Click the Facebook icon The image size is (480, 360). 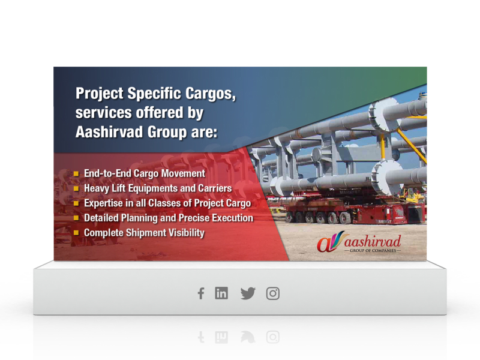click(201, 293)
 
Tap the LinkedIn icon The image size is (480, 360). click(221, 293)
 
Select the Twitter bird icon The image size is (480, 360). click(248, 293)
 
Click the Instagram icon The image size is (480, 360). click(273, 293)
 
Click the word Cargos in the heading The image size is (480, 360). click(211, 93)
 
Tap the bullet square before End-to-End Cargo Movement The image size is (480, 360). click(76, 174)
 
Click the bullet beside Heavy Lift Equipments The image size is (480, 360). click(76, 188)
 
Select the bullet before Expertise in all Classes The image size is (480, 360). click(76, 203)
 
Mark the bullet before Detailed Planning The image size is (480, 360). click(76, 218)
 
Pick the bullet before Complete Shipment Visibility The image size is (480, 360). click(76, 233)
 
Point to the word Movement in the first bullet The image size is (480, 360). click(183, 173)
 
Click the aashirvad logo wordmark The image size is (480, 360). click(373, 241)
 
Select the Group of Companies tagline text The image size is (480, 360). click(373, 250)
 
